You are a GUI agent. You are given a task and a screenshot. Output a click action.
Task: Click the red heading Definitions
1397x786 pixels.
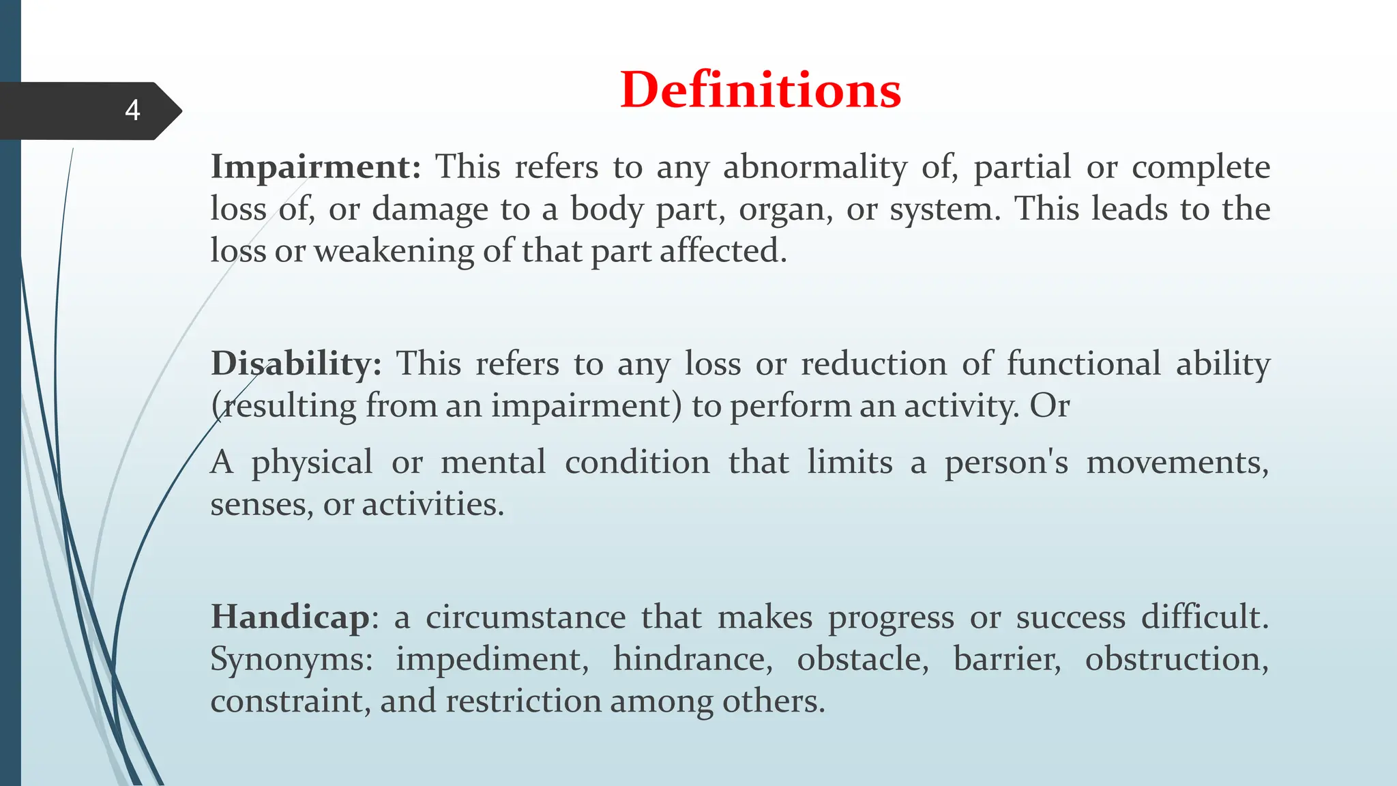pos(760,90)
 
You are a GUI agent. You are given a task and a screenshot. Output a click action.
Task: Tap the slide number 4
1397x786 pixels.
pos(132,111)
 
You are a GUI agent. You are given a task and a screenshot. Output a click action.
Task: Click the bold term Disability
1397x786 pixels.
pos(295,363)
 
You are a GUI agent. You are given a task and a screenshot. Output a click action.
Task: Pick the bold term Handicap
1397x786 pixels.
pos(290,617)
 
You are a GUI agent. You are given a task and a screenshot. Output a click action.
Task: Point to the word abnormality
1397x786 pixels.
pos(814,166)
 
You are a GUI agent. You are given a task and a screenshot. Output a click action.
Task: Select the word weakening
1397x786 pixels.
pos(394,250)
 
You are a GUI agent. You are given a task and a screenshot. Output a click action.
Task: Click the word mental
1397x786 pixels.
pos(493,462)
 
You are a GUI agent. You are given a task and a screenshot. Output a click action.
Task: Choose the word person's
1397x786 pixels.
pos(1006,462)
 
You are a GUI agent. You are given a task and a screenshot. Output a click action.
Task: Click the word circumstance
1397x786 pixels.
pos(525,617)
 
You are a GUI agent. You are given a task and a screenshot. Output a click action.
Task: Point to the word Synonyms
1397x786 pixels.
pos(291,660)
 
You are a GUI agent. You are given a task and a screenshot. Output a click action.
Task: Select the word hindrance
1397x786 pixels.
pos(692,659)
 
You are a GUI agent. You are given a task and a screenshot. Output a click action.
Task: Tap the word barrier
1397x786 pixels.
pos(1007,659)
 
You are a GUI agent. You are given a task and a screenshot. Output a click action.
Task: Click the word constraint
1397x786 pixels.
pos(289,701)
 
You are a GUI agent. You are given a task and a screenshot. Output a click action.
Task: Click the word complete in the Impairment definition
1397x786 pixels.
pos(1201,168)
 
